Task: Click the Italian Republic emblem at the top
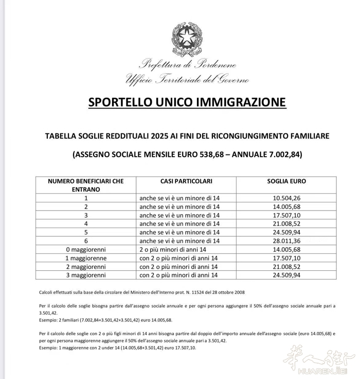186,39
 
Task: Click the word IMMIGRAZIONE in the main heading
246,102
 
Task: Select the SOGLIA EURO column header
286,181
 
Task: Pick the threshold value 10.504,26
286,197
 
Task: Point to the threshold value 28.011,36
286,240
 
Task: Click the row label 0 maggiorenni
86,249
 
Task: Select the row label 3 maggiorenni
86,275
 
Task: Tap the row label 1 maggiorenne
86,258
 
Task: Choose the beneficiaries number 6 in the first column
86,240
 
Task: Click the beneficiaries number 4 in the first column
86,223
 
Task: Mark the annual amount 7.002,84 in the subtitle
289,154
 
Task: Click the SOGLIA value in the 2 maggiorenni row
286,267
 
